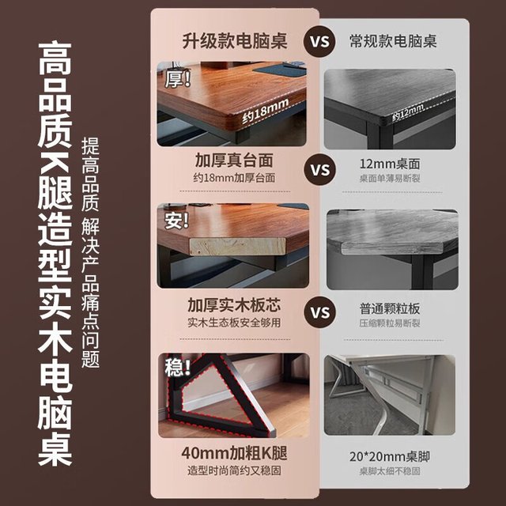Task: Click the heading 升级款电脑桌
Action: [235, 41]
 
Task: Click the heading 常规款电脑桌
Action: [393, 41]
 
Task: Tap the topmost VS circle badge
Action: [319, 42]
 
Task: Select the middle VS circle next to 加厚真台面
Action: [319, 170]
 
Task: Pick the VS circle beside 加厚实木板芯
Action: [319, 312]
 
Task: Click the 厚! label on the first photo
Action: [178, 79]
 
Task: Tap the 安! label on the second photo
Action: [176, 221]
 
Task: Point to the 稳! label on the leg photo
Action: [177, 367]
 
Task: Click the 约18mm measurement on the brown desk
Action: [266, 111]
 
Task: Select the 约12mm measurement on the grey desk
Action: [408, 113]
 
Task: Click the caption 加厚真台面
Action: [234, 160]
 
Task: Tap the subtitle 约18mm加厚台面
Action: [234, 178]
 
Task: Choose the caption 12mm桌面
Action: [390, 164]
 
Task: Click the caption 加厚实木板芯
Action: [234, 305]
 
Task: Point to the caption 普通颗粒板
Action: [390, 308]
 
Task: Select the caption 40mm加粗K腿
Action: [234, 453]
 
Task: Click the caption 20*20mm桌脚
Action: [390, 457]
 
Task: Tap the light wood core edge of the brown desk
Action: [237, 247]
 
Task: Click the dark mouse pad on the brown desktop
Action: [280, 70]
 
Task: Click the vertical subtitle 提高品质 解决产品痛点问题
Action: [90, 253]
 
